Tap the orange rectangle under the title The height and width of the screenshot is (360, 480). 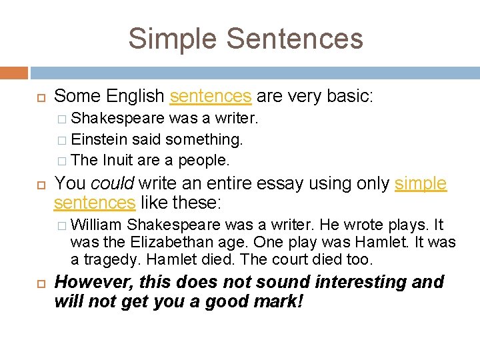click(x=14, y=73)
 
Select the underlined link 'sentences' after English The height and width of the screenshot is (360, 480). click(x=211, y=97)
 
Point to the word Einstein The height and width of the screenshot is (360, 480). click(x=99, y=139)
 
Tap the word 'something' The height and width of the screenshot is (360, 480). click(x=204, y=139)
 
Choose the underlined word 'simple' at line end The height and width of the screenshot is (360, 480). click(x=421, y=184)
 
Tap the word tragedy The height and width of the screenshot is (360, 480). click(x=106, y=259)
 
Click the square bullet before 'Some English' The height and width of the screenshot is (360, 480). click(x=40, y=97)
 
